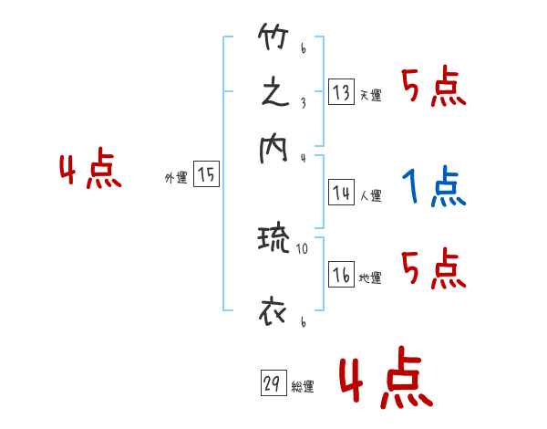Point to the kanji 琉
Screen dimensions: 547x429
273,242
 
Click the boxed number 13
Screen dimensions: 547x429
342,92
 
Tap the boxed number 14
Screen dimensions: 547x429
342,193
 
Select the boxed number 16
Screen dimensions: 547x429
342,276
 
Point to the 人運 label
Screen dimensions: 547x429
370,195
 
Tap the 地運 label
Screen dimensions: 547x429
370,278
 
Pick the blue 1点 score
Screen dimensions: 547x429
434,188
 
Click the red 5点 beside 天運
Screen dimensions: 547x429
434,89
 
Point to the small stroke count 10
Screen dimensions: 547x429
303,247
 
